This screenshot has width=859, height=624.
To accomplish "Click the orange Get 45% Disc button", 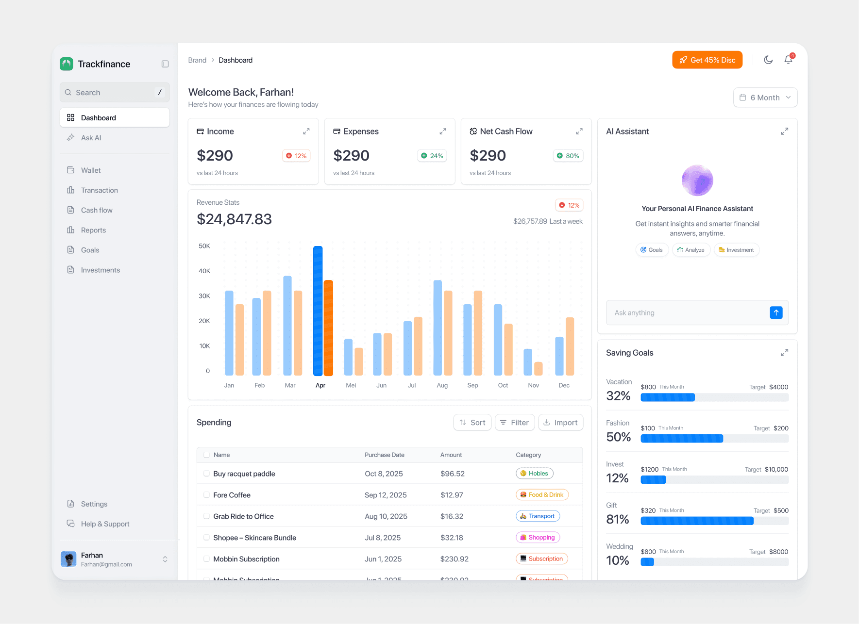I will click(x=707, y=60).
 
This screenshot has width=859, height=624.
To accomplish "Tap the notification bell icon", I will click(x=788, y=60).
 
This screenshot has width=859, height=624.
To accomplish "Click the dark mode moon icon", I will click(x=768, y=60).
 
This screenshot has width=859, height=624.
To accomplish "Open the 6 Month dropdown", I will click(x=765, y=98).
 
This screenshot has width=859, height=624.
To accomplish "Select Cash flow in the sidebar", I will click(x=97, y=210).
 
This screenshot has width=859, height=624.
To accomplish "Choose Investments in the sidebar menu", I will click(x=100, y=270).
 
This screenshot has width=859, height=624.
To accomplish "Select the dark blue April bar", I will click(x=318, y=311).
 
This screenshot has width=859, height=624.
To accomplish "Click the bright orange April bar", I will click(x=328, y=328).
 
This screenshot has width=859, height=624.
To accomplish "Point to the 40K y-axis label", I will click(x=204, y=271).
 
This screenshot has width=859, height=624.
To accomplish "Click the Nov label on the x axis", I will click(x=533, y=385).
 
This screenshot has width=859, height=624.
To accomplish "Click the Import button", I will click(x=560, y=423).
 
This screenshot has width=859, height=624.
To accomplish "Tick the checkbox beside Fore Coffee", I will click(x=206, y=495).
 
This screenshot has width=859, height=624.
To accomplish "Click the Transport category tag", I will click(x=538, y=516).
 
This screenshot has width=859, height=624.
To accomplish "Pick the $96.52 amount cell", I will click(x=452, y=474).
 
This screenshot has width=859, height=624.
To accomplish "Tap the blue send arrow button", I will click(x=776, y=312).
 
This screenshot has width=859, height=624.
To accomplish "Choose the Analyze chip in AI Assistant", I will click(x=691, y=250).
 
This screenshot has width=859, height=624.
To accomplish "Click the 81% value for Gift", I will click(x=618, y=519).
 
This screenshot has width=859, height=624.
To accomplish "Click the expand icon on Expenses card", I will click(x=442, y=131).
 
